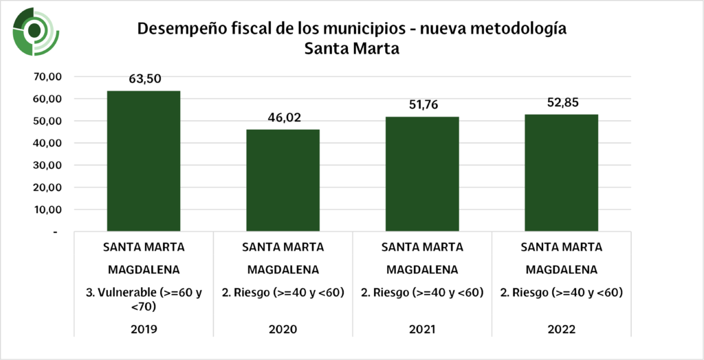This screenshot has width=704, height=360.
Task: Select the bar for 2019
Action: [x=143, y=161]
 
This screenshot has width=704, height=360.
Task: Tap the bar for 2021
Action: [x=422, y=175]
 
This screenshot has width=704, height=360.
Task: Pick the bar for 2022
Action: [x=561, y=173]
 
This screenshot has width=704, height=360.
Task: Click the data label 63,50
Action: [x=144, y=79]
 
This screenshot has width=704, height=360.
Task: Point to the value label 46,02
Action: [x=283, y=117]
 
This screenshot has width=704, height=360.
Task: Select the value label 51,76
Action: [x=422, y=105]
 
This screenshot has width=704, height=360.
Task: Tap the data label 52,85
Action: [x=561, y=102]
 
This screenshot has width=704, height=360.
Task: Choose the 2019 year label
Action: [x=144, y=329]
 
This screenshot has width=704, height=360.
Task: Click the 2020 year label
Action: [x=283, y=329]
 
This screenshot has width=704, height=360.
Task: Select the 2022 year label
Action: [x=561, y=329]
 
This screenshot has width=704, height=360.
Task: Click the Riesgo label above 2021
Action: [x=422, y=293]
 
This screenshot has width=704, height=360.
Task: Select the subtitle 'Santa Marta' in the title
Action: [x=352, y=50]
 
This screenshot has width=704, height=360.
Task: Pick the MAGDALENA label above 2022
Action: [x=561, y=269]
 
